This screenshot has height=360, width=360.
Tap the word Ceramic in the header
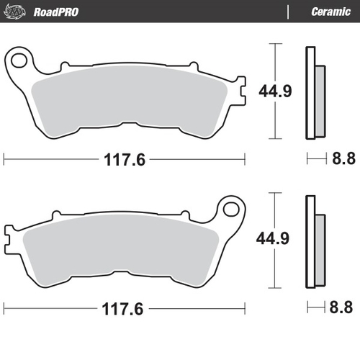tap(330, 12)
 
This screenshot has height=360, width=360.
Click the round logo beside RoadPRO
tap(18, 12)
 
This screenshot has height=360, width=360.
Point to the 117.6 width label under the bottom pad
tap(125, 309)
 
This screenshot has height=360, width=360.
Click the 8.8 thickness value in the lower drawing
tap(341, 309)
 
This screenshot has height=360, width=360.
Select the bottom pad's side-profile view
tap(313, 241)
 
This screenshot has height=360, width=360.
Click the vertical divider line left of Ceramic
tap(289, 12)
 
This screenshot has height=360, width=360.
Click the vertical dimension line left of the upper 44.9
tap(272, 61)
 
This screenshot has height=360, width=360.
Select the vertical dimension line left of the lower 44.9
tap(272, 209)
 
